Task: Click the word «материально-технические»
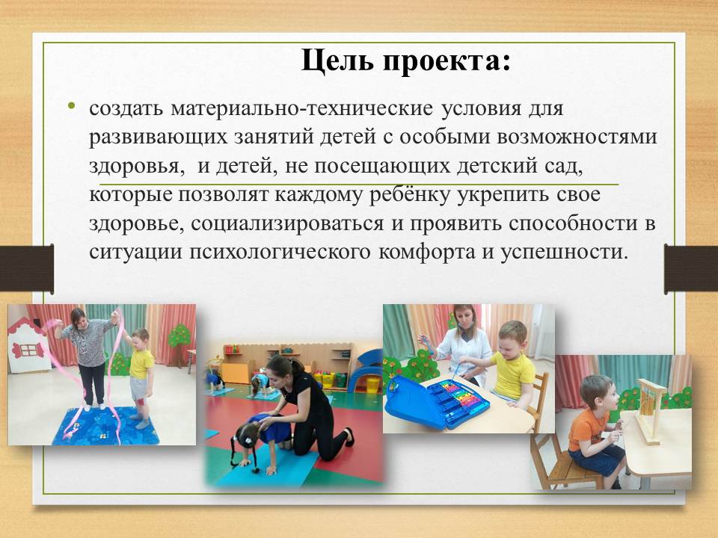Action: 301,109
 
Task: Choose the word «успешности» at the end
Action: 564,253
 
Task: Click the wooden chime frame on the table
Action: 650,409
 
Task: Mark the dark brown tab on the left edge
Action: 27,268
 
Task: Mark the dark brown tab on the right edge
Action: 691,269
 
